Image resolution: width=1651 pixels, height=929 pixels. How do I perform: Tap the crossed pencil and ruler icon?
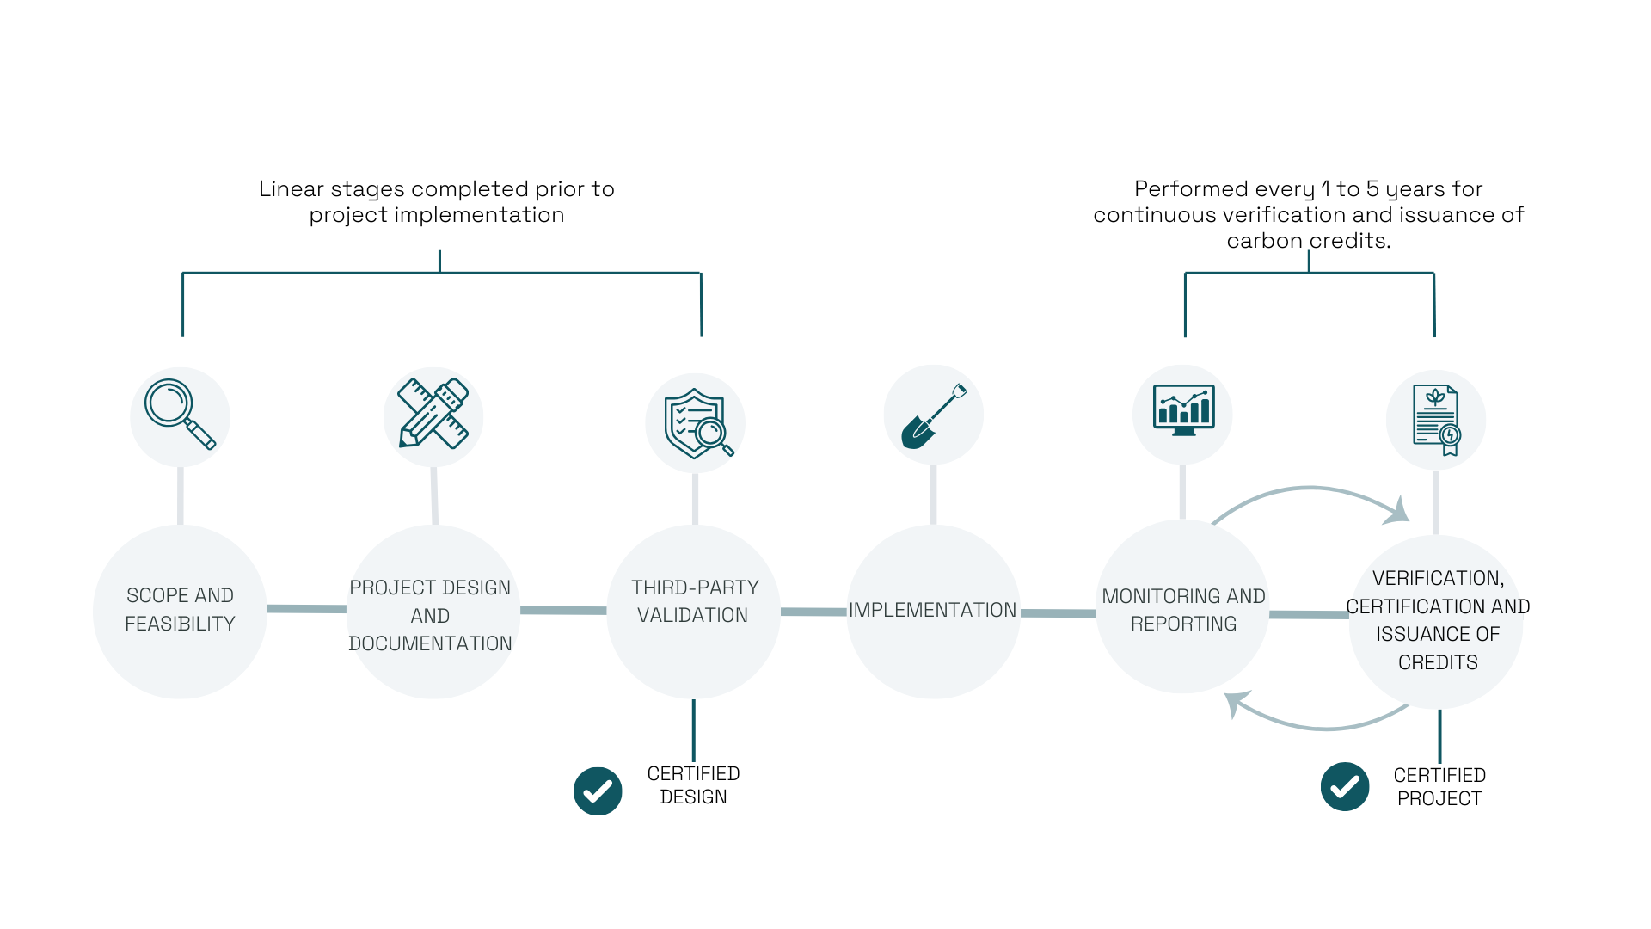click(433, 414)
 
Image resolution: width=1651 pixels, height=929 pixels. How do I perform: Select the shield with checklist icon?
click(697, 422)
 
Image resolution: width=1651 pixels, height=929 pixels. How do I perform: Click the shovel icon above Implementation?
click(933, 415)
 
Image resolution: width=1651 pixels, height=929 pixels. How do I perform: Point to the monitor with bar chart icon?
click(1183, 410)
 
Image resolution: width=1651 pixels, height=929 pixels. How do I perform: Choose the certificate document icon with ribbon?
click(1436, 420)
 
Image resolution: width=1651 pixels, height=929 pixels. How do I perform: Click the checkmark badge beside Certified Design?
click(598, 791)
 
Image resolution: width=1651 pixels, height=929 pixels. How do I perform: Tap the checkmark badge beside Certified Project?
click(1345, 786)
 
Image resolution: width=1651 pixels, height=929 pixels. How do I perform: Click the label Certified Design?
click(693, 785)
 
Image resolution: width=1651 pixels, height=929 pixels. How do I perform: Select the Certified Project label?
click(1439, 787)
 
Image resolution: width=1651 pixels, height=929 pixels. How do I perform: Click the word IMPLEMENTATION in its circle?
click(932, 610)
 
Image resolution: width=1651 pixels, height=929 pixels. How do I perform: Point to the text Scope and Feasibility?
click(180, 609)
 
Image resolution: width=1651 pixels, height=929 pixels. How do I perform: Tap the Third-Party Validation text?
click(694, 601)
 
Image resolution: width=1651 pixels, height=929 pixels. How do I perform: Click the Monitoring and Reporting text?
click(1183, 609)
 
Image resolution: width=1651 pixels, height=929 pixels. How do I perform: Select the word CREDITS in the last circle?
click(1438, 662)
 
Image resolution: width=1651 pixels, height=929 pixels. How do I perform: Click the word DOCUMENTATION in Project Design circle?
click(430, 643)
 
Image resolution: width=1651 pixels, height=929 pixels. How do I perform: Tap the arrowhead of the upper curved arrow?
click(1398, 512)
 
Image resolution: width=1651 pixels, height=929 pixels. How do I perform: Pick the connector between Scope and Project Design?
click(306, 609)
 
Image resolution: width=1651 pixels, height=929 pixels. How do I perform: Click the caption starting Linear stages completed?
click(437, 201)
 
